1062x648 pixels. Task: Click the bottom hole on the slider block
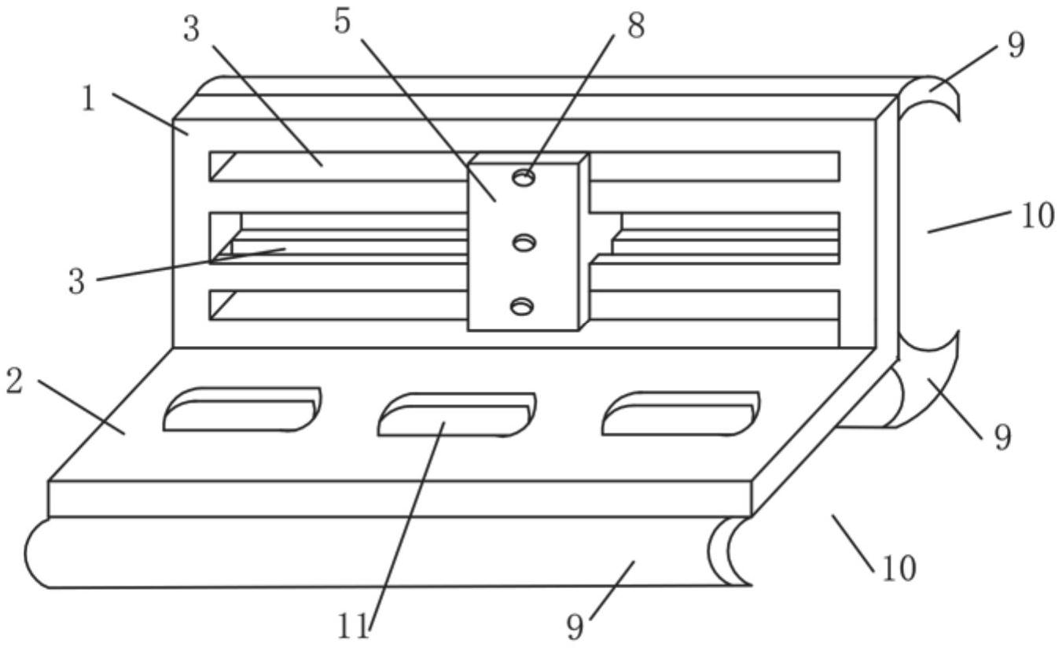point(522,306)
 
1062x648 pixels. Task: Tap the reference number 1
point(90,101)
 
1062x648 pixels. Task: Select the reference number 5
point(343,21)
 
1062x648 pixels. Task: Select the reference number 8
point(635,26)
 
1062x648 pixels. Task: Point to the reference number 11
point(353,627)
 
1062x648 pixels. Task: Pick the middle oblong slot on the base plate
point(456,414)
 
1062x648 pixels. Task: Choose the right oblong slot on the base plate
point(680,412)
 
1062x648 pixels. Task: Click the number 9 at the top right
point(1016,46)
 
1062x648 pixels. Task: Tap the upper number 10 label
point(1038,215)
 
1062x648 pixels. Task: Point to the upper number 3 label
point(192,30)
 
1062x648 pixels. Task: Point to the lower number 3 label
point(76,282)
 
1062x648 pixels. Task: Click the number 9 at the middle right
point(1001,437)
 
